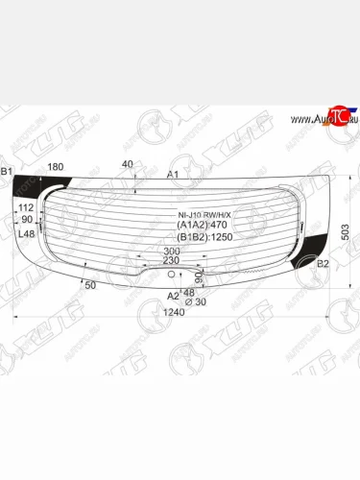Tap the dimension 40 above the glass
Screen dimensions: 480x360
click(x=127, y=164)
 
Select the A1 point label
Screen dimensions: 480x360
click(x=173, y=175)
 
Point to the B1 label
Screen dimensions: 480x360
click(x=8, y=172)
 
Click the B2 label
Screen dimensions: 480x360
click(x=323, y=262)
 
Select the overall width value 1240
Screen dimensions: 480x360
click(x=173, y=312)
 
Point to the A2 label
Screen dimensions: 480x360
click(x=173, y=296)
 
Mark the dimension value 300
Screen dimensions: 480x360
click(x=170, y=251)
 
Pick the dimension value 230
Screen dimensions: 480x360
click(x=170, y=261)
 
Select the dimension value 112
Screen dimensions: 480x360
click(x=26, y=207)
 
